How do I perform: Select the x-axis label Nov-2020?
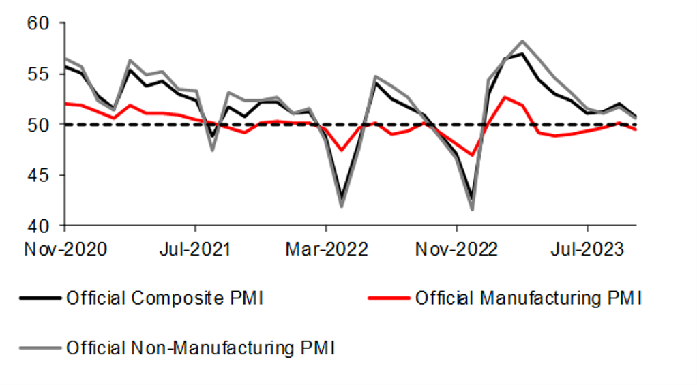pos(65,249)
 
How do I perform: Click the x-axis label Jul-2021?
pos(196,249)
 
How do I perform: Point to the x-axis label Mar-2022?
pos(326,249)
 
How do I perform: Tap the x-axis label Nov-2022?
pos(456,249)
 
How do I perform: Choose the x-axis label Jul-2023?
pos(587,249)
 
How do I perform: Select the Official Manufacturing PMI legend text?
pos(528,298)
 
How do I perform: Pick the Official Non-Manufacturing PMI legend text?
pos(201,348)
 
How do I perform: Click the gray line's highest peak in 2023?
pos(522,42)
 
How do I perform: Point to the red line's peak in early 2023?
pos(505,97)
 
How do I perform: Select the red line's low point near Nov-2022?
pos(472,155)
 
